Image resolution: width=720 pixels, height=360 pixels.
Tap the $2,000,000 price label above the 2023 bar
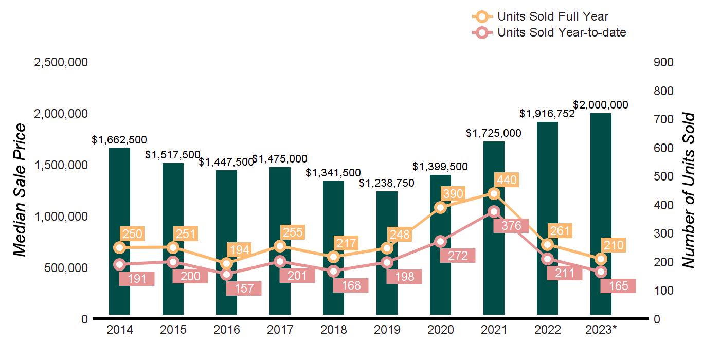(x=601, y=105)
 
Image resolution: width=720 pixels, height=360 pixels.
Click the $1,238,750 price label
(x=387, y=183)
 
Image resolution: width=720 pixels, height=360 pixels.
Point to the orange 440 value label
(x=507, y=181)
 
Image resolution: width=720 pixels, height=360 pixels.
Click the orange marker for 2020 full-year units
(x=440, y=207)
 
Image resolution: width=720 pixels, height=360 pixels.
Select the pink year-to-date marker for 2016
(x=226, y=274)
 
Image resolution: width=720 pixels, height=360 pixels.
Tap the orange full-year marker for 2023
(x=601, y=259)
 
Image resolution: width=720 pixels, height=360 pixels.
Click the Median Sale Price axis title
(x=20, y=190)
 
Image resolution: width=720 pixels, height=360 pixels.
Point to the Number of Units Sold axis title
(x=689, y=190)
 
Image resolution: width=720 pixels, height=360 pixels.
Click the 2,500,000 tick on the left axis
(x=61, y=62)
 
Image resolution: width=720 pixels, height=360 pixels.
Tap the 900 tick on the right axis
(x=663, y=62)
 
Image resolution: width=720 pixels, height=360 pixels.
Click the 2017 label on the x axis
(x=280, y=330)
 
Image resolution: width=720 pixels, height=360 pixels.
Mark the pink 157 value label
(x=244, y=289)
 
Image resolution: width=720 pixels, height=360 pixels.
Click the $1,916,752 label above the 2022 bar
(x=547, y=114)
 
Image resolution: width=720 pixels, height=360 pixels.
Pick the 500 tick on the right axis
(x=663, y=176)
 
